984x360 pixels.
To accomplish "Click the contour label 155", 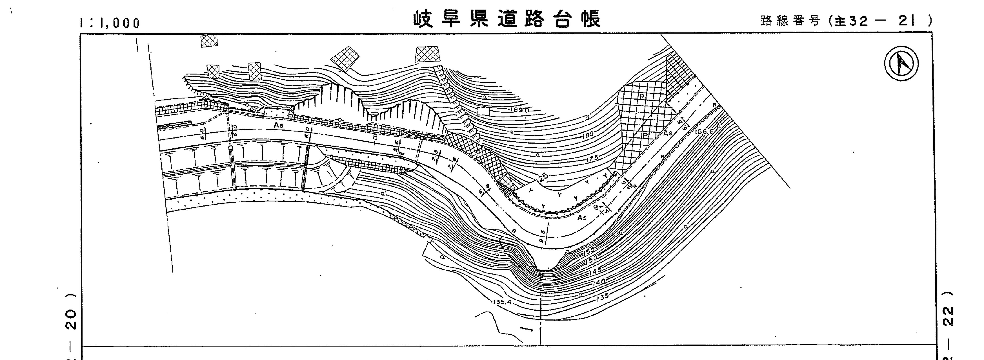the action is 589,251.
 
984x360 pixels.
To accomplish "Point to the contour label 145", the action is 595,271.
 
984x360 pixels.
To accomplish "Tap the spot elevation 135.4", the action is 503,302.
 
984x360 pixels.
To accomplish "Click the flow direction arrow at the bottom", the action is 527,329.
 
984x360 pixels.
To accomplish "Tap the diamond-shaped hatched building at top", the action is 345,58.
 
